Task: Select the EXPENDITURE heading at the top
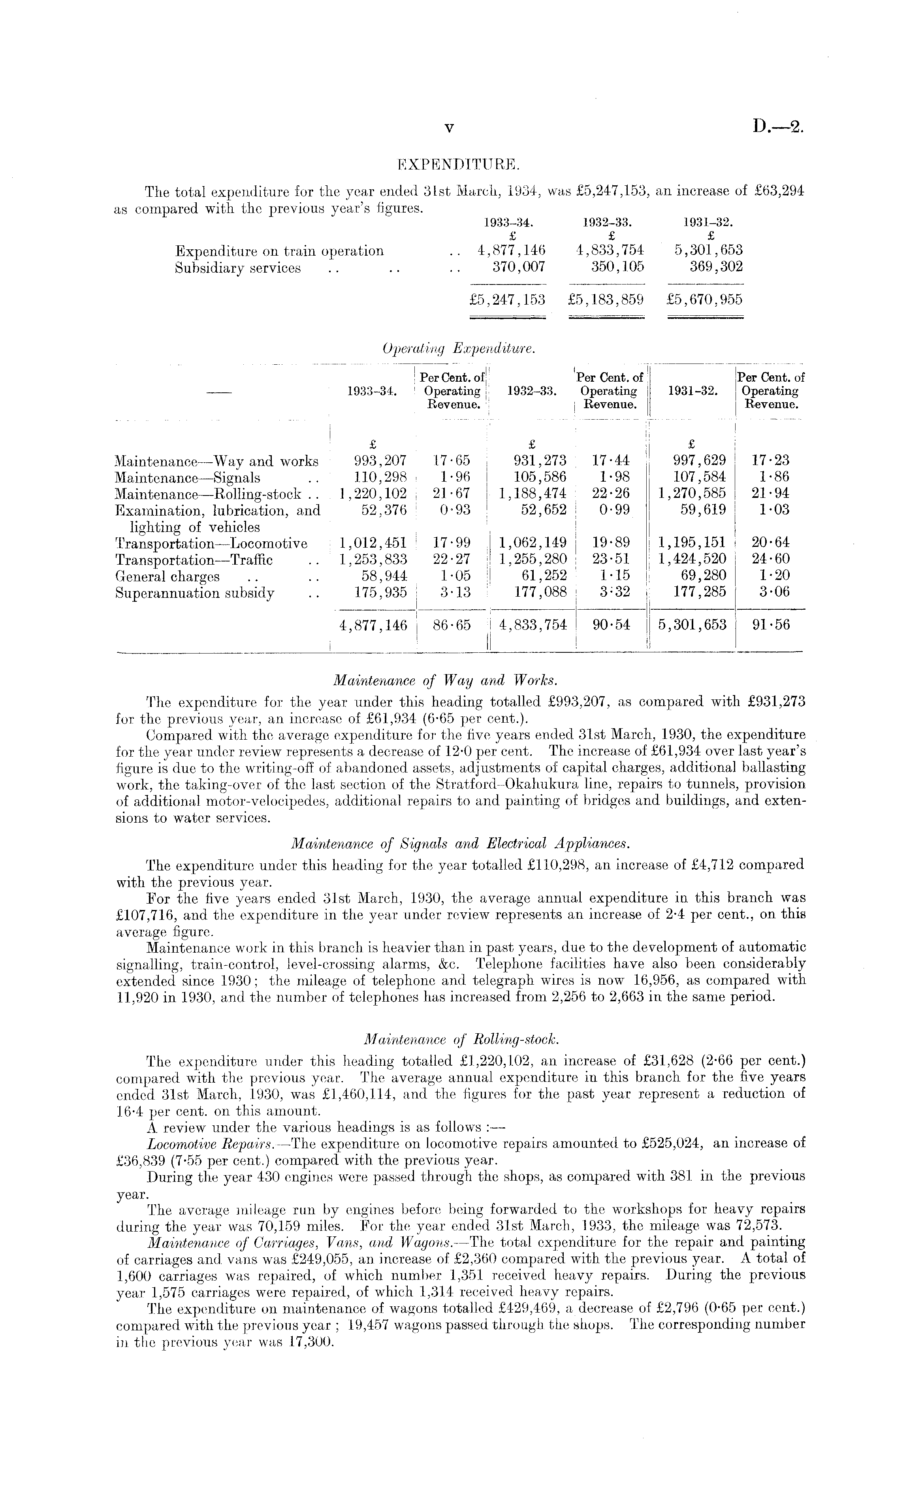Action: (458, 164)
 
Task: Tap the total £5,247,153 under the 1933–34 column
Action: (507, 300)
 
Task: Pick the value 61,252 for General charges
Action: (541, 576)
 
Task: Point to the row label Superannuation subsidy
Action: (194, 593)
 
